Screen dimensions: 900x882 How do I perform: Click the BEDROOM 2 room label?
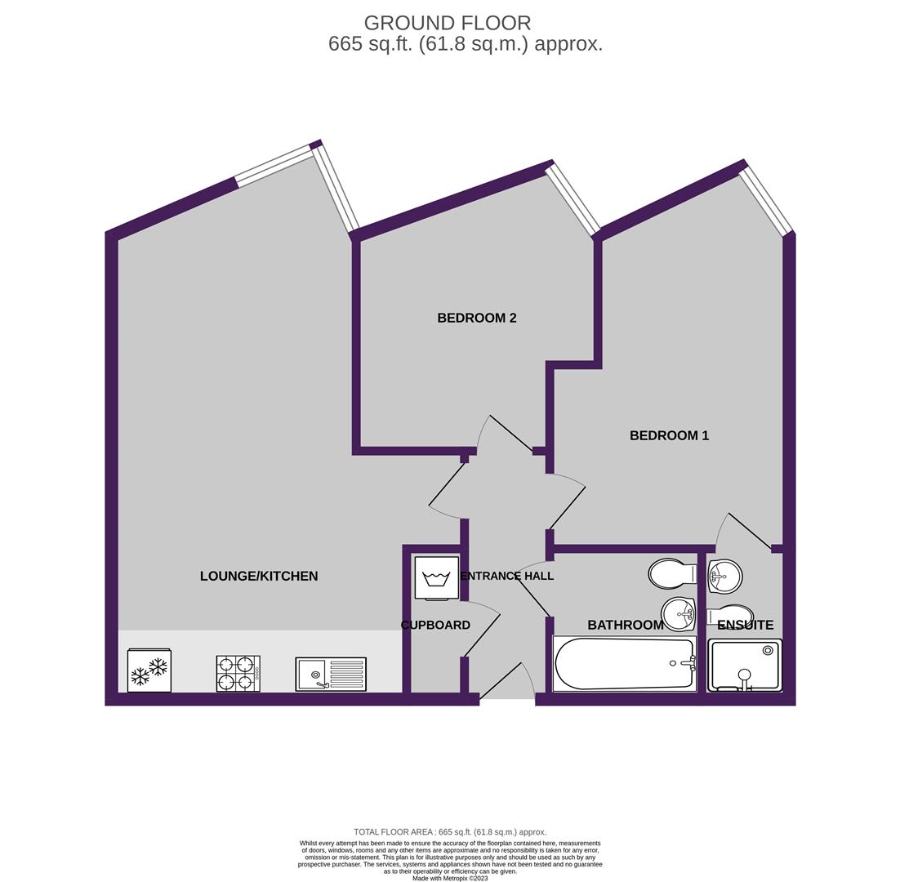(x=476, y=318)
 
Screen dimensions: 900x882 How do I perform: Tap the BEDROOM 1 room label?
(x=669, y=435)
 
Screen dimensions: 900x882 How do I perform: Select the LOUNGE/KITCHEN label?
(x=259, y=576)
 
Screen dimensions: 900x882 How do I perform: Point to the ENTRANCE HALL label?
(x=507, y=576)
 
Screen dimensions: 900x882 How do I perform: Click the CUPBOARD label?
(x=435, y=625)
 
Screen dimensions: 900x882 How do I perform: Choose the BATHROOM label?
(x=625, y=625)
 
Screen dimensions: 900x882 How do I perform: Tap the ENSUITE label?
(x=745, y=625)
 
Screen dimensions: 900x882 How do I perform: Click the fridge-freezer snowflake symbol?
(x=149, y=670)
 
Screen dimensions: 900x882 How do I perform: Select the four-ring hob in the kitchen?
(x=238, y=673)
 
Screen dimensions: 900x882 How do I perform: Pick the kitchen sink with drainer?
(x=332, y=674)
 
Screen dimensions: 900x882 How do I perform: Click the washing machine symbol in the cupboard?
(x=438, y=578)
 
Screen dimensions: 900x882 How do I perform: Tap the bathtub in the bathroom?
(x=625, y=663)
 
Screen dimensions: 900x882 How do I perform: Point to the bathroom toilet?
(x=672, y=573)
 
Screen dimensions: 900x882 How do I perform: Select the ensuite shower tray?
(x=745, y=666)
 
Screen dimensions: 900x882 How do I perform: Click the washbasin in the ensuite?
(x=725, y=576)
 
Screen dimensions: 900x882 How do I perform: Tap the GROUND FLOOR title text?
(x=448, y=24)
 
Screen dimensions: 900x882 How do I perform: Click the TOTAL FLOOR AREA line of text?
(x=450, y=831)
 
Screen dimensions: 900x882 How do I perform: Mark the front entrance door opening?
(x=507, y=698)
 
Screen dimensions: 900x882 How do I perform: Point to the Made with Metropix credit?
(x=450, y=878)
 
